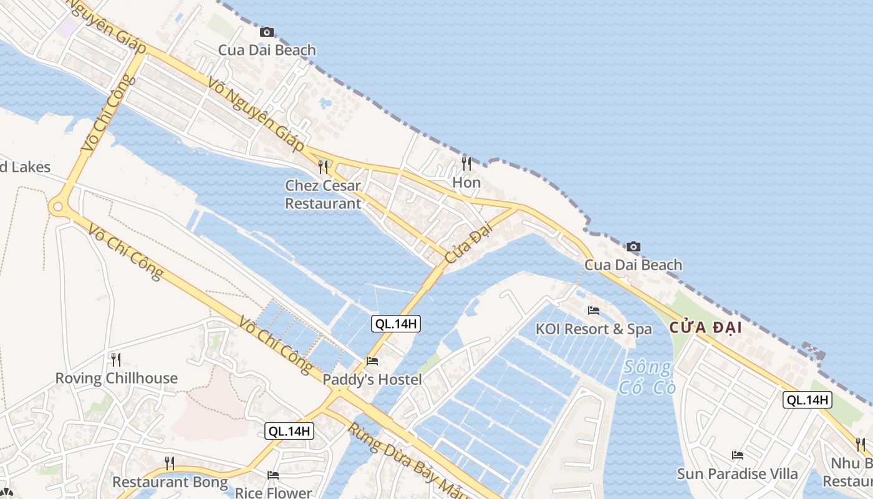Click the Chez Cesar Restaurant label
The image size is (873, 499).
(x=323, y=195)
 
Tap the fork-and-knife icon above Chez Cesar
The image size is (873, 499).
(x=323, y=167)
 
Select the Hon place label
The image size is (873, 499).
(x=466, y=182)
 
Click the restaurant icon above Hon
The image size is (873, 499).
(x=466, y=163)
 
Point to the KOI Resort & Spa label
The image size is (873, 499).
(x=594, y=329)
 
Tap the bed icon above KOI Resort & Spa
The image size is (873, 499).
(x=594, y=310)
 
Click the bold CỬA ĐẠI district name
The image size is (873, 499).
(x=706, y=327)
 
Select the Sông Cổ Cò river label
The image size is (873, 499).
(x=647, y=377)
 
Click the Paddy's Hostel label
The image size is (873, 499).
(x=372, y=379)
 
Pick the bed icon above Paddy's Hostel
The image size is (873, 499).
(x=372, y=361)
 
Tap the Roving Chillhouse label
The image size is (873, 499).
(x=117, y=378)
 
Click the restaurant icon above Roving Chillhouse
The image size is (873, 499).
(x=115, y=359)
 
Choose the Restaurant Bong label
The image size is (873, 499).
(x=170, y=482)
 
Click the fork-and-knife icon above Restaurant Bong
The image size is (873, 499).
(x=169, y=463)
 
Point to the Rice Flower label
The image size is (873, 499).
(x=273, y=493)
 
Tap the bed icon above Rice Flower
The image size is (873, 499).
(x=273, y=475)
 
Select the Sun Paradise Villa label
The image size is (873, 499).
(x=738, y=473)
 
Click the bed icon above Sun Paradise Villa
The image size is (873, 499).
(x=738, y=455)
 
